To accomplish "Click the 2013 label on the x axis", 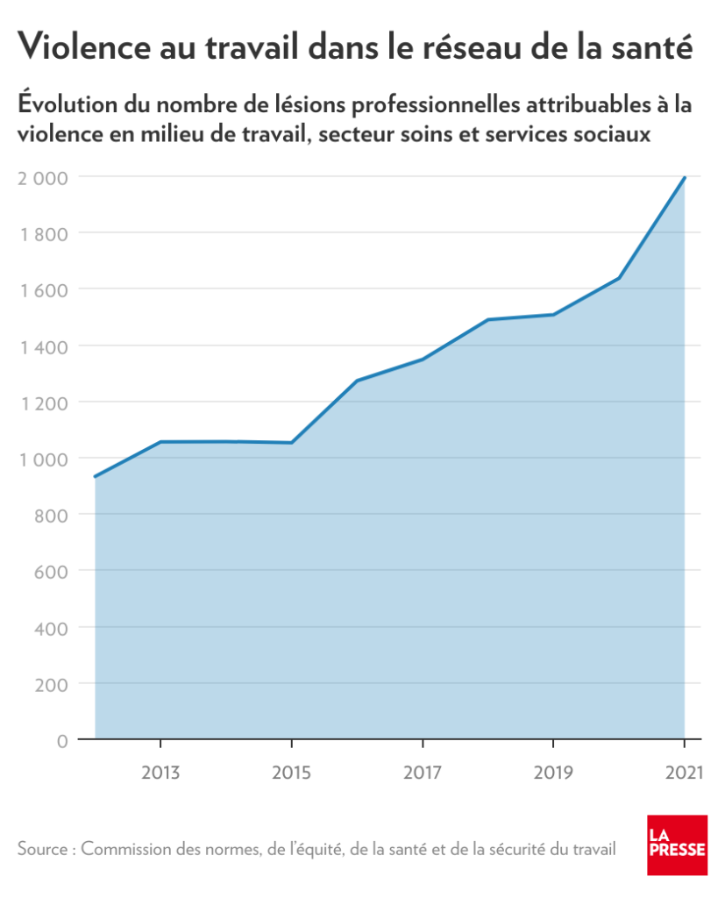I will (160, 773).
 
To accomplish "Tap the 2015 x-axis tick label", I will (291, 773).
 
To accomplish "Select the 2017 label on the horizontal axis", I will (423, 773).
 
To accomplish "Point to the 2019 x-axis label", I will (553, 773).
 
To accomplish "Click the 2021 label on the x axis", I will (684, 773).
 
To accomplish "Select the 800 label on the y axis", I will (50, 515).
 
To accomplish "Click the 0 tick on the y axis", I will (61, 740).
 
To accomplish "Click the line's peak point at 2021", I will (684, 178).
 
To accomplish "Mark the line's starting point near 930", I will (95, 477).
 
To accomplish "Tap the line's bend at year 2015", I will (291, 443).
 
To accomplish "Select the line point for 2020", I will (619, 278).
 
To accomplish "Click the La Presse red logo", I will (677, 845).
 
